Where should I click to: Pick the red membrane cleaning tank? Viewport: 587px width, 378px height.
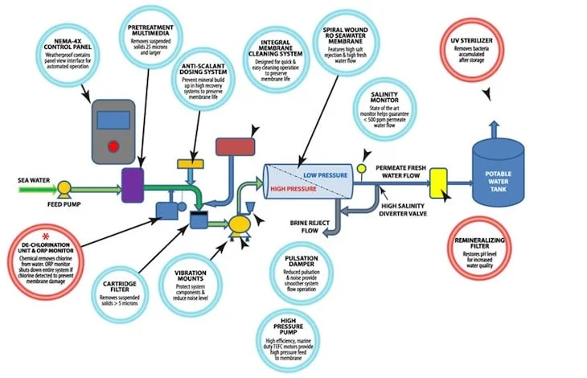tap(234, 147)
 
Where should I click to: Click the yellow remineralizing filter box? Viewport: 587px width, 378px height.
tap(438, 183)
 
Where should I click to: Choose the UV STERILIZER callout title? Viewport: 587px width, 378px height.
tap(475, 39)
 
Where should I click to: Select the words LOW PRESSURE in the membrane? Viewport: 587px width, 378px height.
tap(325, 173)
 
